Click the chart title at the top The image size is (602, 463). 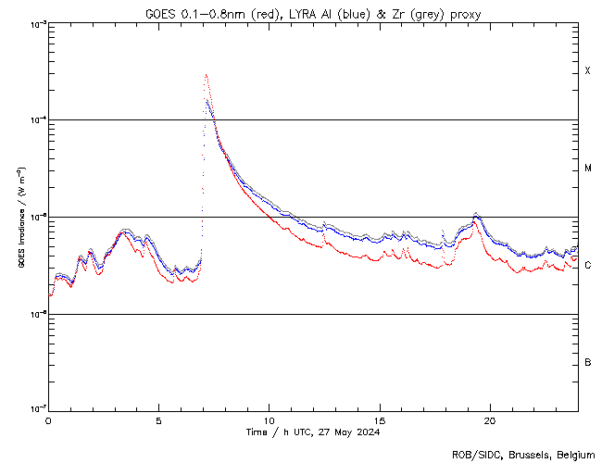click(313, 14)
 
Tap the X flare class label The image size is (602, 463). click(587, 71)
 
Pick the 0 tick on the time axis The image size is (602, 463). click(48, 419)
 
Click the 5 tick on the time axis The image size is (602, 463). click(158, 419)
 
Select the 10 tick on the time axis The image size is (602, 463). click(269, 419)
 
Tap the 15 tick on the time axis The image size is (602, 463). click(380, 419)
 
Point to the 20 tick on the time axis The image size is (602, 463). click(490, 419)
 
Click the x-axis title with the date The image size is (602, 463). click(313, 432)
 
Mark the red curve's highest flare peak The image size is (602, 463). click(206, 75)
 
